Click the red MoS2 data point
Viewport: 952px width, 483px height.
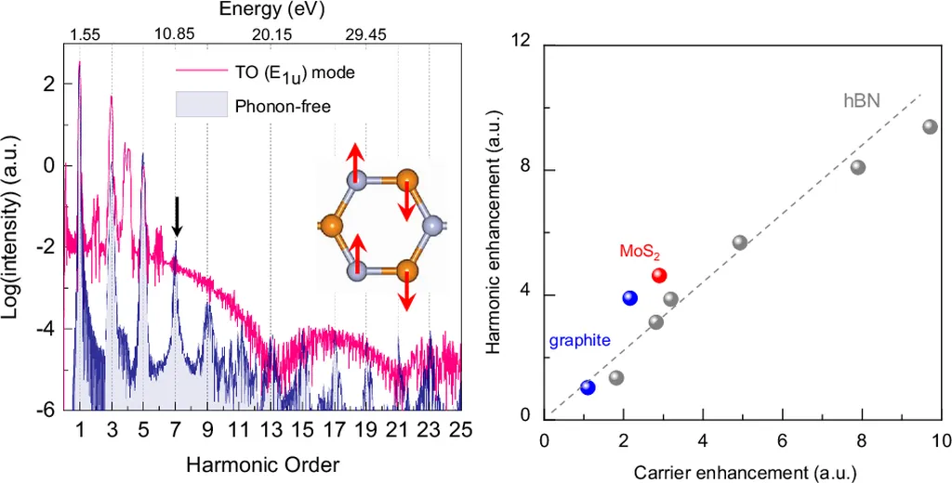pyautogui.click(x=659, y=276)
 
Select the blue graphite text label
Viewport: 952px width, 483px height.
pyautogui.click(x=579, y=340)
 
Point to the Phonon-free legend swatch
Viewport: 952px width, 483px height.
pyautogui.click(x=201, y=105)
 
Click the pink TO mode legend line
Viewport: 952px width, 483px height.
pyautogui.click(x=201, y=71)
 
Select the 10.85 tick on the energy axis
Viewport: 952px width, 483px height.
pyautogui.click(x=174, y=34)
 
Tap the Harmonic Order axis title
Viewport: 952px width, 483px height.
pyautogui.click(x=261, y=463)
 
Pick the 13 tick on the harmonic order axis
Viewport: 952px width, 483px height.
pyautogui.click(x=271, y=430)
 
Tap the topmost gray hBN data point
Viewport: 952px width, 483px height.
pyautogui.click(x=930, y=126)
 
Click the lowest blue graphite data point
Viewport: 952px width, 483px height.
pyautogui.click(x=588, y=387)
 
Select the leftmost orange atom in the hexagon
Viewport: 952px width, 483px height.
pyautogui.click(x=331, y=225)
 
